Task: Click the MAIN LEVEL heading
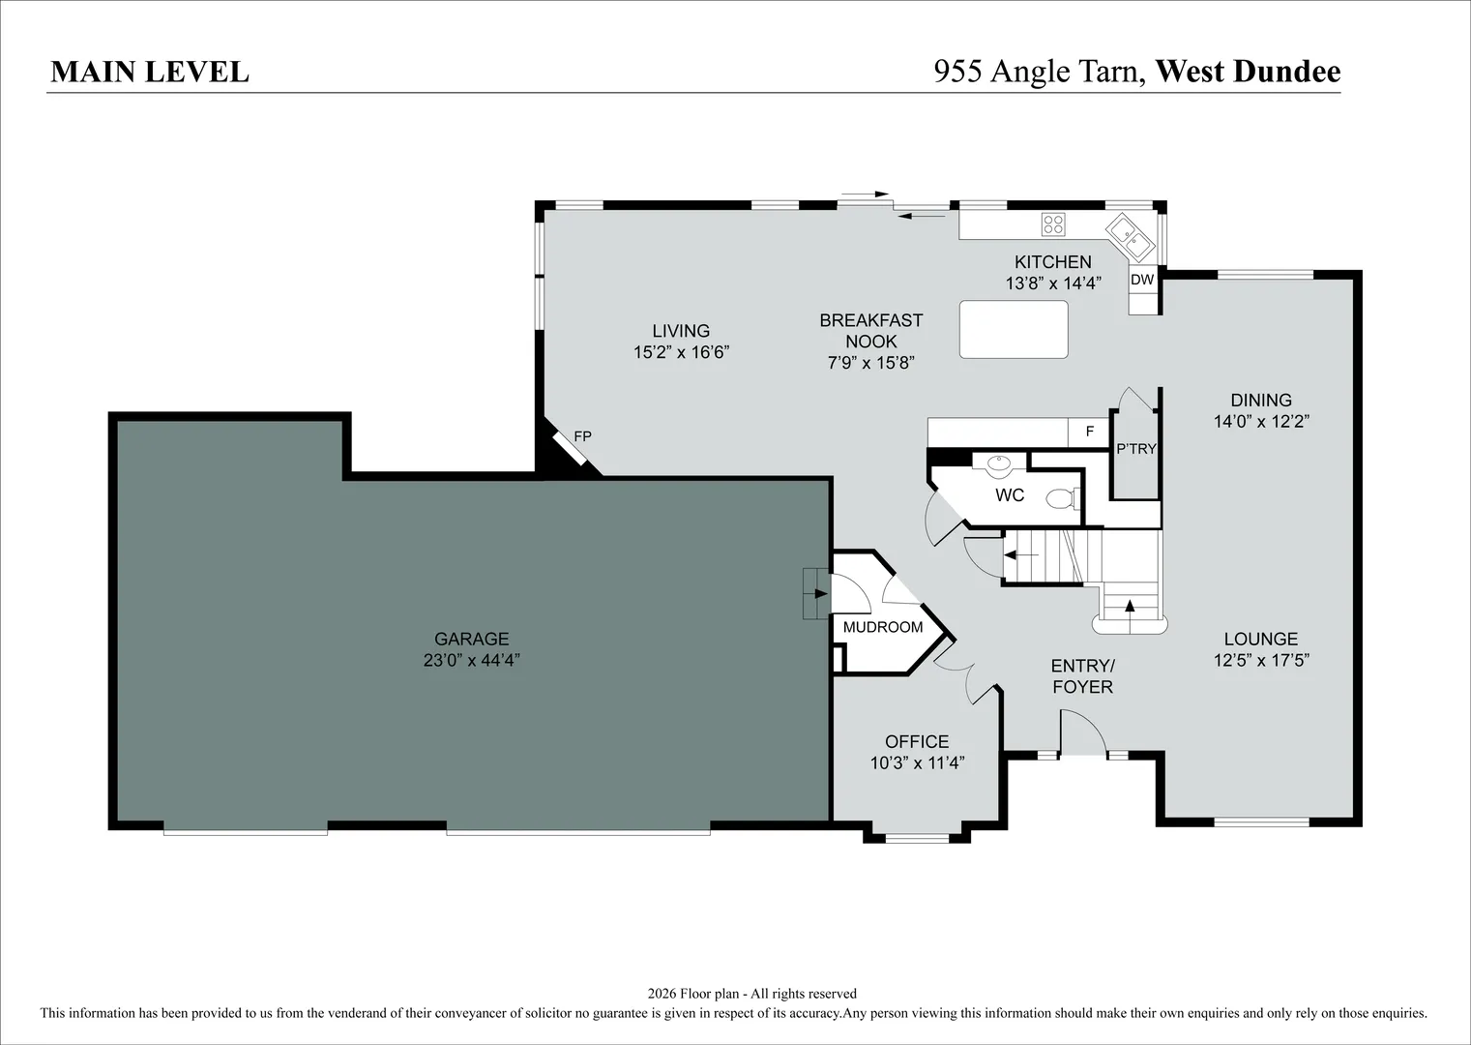150,73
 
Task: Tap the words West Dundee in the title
1248,72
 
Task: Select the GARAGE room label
472,639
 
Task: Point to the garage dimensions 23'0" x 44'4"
472,660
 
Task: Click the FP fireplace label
582,436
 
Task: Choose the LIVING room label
681,330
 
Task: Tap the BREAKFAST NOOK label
870,330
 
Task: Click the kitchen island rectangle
1014,329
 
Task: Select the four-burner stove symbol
1053,224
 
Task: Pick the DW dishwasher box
1142,279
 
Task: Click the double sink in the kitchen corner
1131,237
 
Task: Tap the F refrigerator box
1089,432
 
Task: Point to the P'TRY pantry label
1136,449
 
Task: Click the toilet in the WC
1061,498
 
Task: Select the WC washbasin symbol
999,465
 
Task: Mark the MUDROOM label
883,627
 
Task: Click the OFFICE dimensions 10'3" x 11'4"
917,762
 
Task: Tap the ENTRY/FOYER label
1082,676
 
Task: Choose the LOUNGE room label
1261,639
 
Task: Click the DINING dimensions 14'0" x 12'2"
1261,421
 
